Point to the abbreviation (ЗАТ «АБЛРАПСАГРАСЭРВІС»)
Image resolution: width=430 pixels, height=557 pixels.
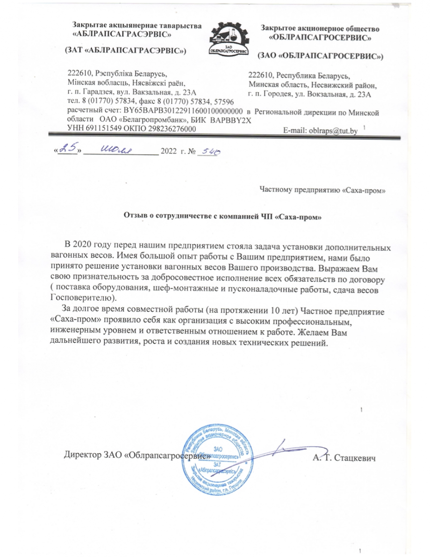[x=125, y=50]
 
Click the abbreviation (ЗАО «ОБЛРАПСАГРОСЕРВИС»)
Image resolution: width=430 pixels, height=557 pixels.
[x=320, y=56]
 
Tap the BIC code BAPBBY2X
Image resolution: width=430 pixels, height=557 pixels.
[x=231, y=120]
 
